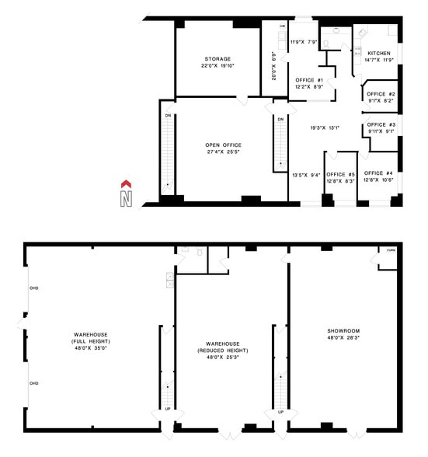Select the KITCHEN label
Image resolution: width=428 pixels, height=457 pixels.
[x=368, y=54]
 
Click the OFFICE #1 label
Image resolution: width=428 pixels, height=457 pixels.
[x=309, y=80]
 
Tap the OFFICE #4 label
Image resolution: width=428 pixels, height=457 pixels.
[x=378, y=173]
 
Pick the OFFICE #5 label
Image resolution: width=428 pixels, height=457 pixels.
[x=340, y=174]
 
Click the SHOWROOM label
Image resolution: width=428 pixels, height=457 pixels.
[x=343, y=332]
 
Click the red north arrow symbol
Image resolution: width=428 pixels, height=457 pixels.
[x=124, y=183]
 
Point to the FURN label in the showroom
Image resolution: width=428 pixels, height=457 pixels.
[x=391, y=250]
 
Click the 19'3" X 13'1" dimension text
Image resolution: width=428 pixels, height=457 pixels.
[x=324, y=128]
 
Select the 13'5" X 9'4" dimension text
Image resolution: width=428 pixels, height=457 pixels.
[x=305, y=175]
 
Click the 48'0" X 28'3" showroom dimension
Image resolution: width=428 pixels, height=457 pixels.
[x=343, y=338]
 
